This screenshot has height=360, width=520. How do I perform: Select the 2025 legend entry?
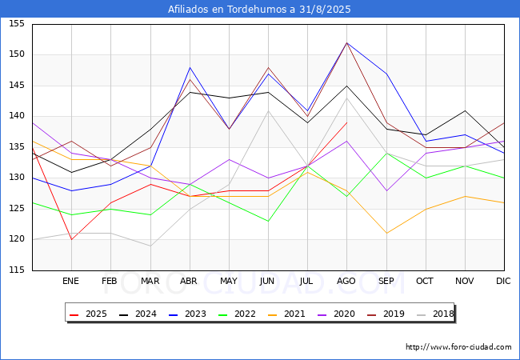click(88, 314)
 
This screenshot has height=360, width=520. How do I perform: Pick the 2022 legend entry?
click(237, 314)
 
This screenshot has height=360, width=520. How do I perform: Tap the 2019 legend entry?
click(386, 314)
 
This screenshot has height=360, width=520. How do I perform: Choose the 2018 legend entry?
click(435, 314)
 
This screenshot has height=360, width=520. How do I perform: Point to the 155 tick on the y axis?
click(17, 23)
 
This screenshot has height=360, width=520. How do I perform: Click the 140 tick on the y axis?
click(17, 116)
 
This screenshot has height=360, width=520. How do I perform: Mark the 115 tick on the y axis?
click(17, 270)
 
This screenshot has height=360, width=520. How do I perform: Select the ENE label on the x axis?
click(70, 281)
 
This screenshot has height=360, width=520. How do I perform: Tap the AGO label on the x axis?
click(346, 281)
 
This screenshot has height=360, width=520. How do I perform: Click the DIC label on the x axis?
click(503, 281)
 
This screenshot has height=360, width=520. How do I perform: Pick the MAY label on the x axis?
click(229, 281)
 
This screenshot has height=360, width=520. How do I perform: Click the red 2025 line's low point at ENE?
click(72, 239)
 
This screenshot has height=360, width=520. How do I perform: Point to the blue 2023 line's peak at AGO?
click(347, 42)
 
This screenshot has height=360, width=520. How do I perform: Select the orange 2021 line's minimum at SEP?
click(386, 233)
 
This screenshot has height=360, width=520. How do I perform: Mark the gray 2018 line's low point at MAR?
click(150, 246)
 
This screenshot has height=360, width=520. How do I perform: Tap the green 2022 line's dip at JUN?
click(268, 221)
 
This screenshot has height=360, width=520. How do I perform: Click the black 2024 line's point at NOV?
click(465, 110)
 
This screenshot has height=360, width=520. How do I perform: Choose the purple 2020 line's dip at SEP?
click(386, 190)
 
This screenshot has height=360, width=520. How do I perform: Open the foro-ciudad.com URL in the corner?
click(458, 347)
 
